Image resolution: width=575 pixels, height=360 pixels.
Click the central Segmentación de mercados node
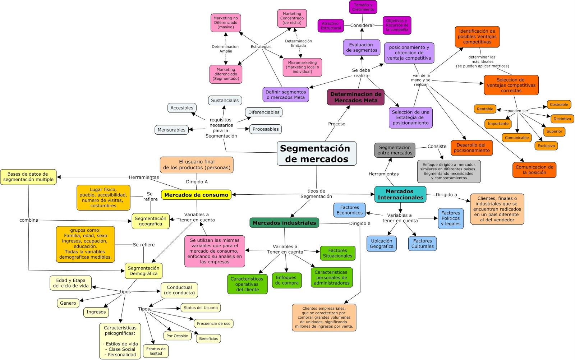tap(316, 154)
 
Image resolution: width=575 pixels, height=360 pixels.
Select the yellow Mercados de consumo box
tap(196, 195)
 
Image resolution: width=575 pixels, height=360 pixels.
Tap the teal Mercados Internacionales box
tap(400, 194)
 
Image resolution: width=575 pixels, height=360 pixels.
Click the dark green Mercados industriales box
tap(284, 223)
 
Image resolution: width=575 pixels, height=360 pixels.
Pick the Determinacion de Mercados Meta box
tap(355, 97)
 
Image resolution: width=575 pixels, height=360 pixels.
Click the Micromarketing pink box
tap(302, 67)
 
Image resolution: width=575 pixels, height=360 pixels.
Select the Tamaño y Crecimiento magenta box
tap(363, 7)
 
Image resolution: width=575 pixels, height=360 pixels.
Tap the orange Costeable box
tap(559, 105)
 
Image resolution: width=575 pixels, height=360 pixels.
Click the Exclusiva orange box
tap(546, 146)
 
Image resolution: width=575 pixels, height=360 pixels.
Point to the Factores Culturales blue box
tap(422, 244)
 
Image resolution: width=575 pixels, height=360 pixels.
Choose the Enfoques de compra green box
tap(286, 280)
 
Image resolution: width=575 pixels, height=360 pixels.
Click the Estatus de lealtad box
tap(156, 351)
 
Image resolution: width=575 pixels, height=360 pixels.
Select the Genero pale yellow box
tap(68, 303)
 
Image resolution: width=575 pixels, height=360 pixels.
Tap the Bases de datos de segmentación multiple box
tap(28, 177)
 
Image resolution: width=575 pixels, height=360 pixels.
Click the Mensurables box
tap(171, 130)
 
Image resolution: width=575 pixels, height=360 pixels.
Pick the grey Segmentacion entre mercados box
tap(395, 150)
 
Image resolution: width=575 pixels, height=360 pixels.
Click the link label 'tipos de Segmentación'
tap(316, 194)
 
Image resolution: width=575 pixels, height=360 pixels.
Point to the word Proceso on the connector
tap(336, 124)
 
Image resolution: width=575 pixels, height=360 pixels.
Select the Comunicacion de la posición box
tap(534, 170)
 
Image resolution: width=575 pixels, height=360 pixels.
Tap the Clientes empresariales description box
tap(324, 318)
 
